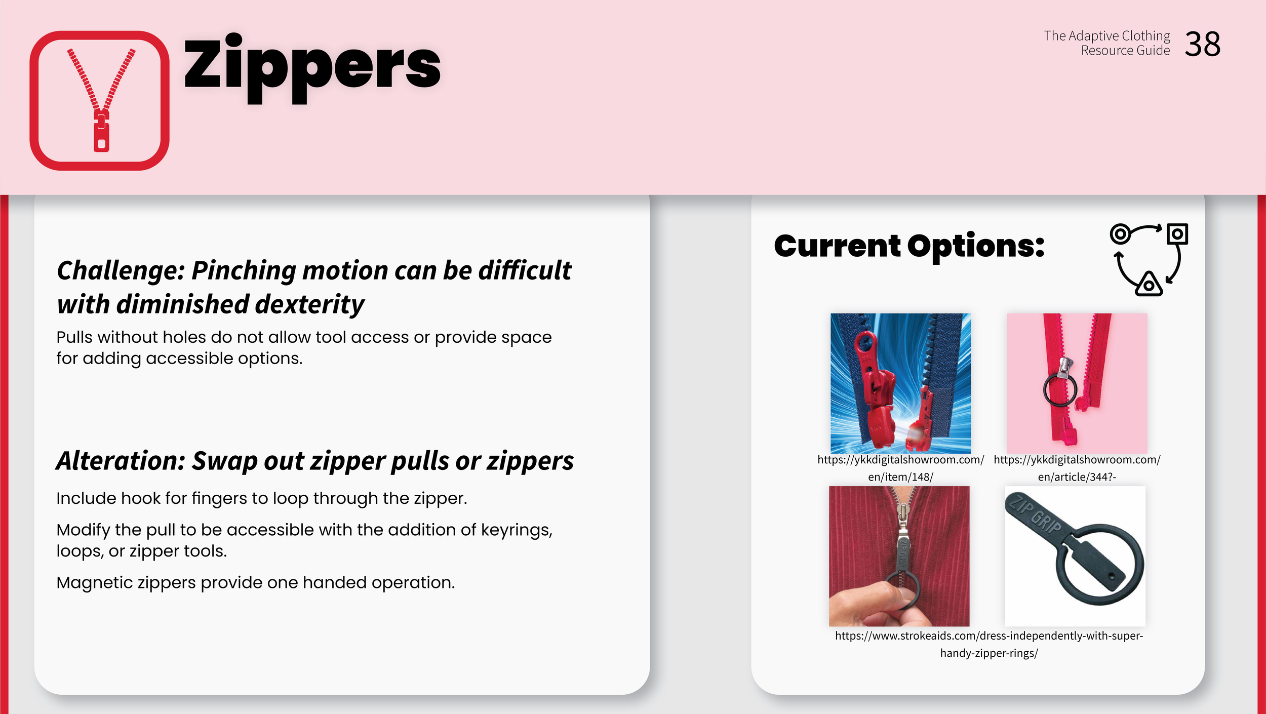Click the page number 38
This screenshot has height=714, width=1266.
pos(1203,44)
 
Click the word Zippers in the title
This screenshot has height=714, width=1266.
pos(312,68)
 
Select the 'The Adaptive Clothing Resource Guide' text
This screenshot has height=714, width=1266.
pos(1107,43)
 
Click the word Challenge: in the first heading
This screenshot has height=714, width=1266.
pos(121,270)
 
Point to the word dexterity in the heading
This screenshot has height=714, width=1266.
pos(309,304)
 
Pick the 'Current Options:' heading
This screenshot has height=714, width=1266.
pos(909,246)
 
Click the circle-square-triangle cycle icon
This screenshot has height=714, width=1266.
pos(1149,259)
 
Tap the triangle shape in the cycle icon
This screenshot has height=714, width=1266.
pos(1149,285)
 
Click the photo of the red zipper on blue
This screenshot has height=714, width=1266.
pos(900,383)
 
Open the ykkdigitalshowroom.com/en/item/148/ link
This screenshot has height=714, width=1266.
pos(900,468)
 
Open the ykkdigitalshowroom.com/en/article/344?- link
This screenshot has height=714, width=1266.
pos(1077,468)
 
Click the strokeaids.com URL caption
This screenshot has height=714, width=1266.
pos(989,644)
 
